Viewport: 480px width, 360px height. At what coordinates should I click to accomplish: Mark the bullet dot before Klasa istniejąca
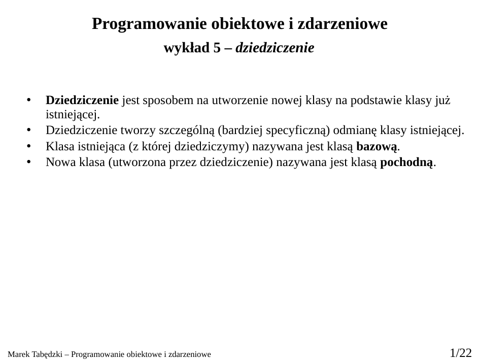pyautogui.click(x=29, y=147)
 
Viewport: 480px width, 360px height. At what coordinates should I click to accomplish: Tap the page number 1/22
pyautogui.click(x=460, y=352)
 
